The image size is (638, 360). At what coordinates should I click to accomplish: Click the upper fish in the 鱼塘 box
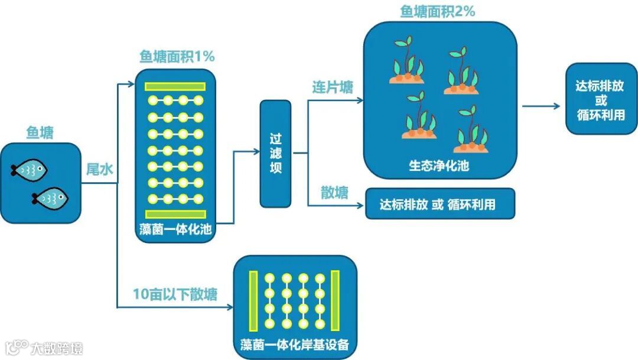pos(29,170)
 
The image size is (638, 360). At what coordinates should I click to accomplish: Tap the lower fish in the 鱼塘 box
pos(50,198)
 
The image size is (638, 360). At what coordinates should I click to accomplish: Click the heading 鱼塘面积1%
pos(177,57)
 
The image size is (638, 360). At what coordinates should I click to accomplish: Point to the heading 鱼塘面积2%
pos(438,11)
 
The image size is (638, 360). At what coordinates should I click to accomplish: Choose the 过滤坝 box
pos(275,154)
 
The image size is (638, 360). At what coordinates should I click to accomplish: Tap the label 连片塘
pos(333,87)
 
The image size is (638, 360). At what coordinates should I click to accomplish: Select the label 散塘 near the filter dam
pos(334,193)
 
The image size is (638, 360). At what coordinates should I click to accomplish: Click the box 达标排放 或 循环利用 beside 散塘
pos(440,205)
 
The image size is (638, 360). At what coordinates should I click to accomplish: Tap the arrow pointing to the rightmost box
pos(541,106)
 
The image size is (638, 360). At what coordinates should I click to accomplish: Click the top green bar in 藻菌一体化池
pos(175,86)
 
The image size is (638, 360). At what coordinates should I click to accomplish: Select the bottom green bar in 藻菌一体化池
pos(175,214)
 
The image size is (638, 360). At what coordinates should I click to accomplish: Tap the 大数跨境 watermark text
pos(57,348)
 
